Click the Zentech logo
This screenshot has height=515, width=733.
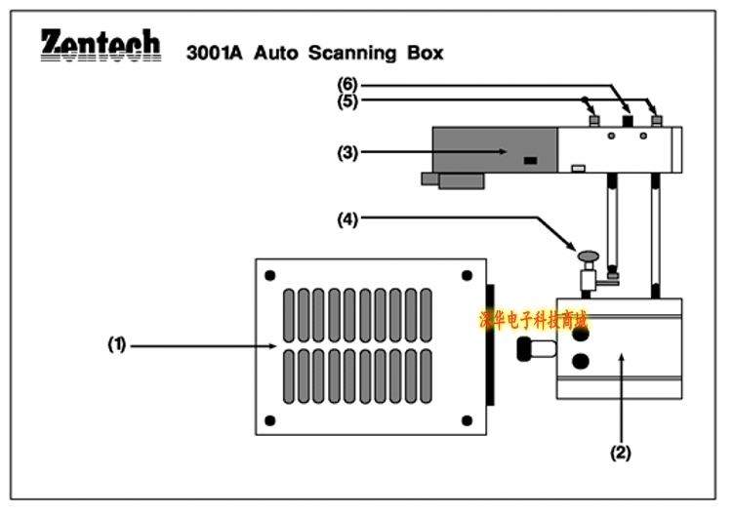tap(101, 45)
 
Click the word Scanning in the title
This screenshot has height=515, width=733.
tap(352, 54)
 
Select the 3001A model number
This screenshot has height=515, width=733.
tap(215, 53)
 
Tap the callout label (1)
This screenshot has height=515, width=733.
tap(117, 345)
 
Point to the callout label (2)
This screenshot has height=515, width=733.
tap(621, 453)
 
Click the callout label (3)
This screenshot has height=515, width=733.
tap(347, 153)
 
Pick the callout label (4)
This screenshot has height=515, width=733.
tap(347, 219)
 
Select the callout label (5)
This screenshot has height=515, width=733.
tap(347, 100)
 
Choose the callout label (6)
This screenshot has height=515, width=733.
tap(347, 85)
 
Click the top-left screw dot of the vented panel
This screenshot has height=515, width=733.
tap(269, 275)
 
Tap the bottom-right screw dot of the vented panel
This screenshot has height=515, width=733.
tap(467, 420)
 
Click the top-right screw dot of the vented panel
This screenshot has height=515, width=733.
tap(467, 275)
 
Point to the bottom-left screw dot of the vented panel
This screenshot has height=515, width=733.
tap(269, 420)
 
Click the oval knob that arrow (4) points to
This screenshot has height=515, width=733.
tap(589, 256)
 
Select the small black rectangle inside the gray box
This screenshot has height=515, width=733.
tap(530, 160)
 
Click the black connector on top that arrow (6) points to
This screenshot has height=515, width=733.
tap(628, 121)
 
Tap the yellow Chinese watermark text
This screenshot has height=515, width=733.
tap(533, 321)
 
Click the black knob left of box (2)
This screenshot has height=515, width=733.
tap(524, 348)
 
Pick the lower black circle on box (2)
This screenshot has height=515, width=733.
tap(581, 361)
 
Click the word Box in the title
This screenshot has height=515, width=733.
tap(425, 53)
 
